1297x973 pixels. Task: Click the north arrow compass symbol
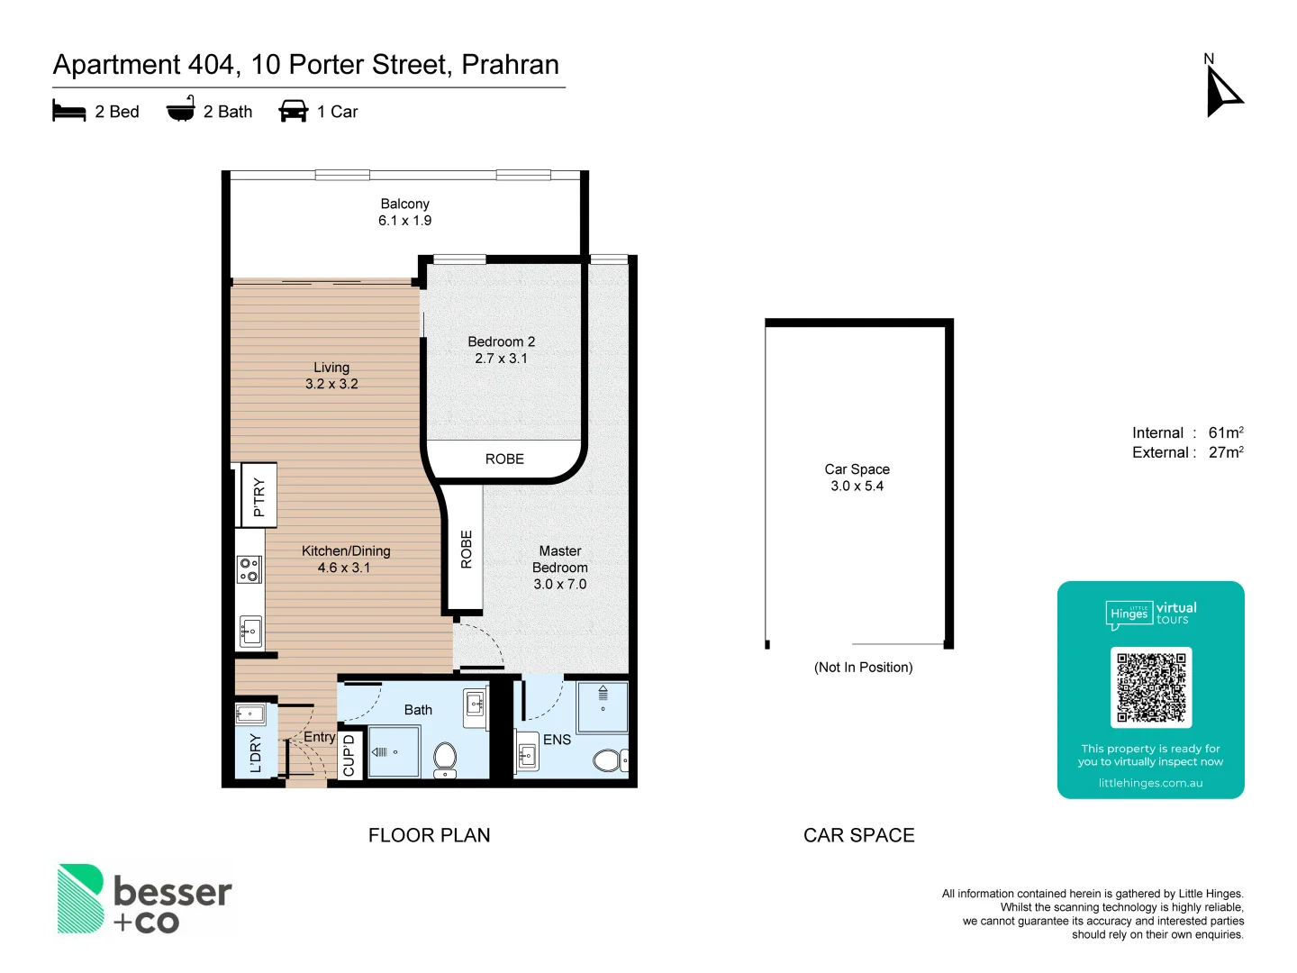point(1222,90)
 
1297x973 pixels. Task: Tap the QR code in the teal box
point(1150,687)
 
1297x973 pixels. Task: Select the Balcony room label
point(404,204)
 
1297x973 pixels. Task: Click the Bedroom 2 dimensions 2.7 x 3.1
point(501,359)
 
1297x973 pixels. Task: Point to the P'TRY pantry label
point(258,496)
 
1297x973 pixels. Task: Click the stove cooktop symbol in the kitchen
point(249,569)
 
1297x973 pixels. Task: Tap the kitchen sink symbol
point(250,631)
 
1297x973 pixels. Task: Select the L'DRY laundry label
point(255,753)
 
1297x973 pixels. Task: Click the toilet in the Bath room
point(445,759)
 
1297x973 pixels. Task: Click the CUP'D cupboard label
point(349,756)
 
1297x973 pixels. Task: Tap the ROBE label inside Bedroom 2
point(504,459)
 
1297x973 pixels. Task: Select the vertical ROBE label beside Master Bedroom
point(466,550)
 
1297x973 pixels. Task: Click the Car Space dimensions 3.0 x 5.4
point(857,486)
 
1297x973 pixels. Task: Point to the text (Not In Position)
point(863,668)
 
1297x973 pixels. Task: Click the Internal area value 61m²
point(1225,432)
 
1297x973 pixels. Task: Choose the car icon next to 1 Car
point(294,111)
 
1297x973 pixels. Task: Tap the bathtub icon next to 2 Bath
point(181,109)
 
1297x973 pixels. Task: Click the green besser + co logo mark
point(81,898)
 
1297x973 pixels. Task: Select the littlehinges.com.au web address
point(1150,783)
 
